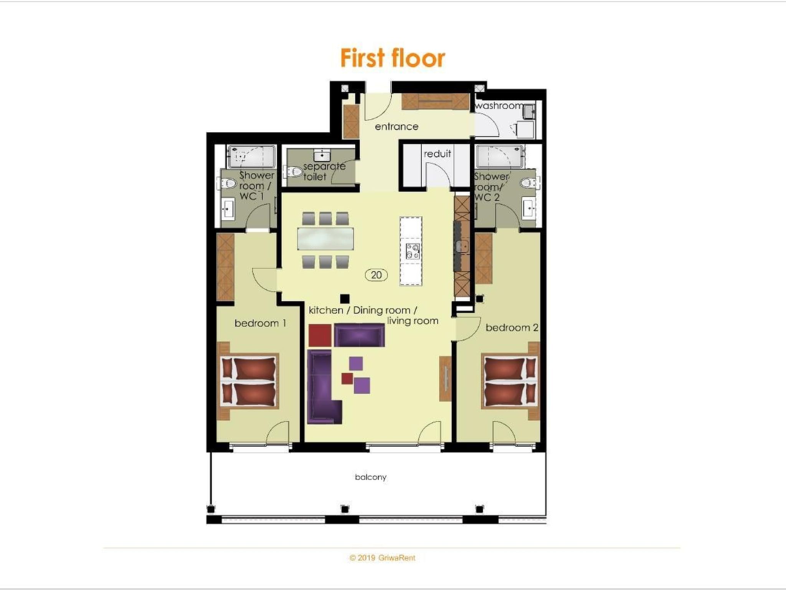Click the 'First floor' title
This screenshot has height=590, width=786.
coord(393,58)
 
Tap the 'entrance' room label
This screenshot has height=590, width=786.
coord(396,126)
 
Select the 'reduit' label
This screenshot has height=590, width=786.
coord(437,154)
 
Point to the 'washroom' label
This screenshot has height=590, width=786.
coord(499,105)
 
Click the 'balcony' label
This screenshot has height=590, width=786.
coord(370,477)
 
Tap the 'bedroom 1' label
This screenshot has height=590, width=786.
coord(260,323)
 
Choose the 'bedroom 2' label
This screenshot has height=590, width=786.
coord(512,327)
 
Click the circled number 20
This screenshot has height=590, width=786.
coord(376,275)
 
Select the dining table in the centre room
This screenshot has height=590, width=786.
coord(325,239)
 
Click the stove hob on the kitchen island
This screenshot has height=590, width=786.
coord(413,252)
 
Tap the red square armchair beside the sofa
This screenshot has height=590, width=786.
coord(320,335)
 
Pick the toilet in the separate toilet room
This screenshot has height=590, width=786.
coord(294,171)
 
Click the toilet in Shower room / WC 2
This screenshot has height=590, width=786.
coord(530,183)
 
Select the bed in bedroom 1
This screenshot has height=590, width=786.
coord(249,381)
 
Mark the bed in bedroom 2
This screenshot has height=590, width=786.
coord(510,381)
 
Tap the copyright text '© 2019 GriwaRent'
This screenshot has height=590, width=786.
coord(382,558)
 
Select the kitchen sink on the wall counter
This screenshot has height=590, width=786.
coord(462,246)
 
